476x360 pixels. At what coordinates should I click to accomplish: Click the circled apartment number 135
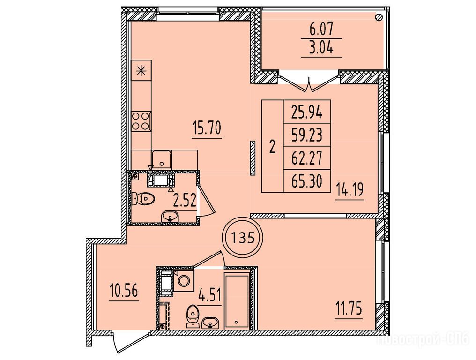click(243, 237)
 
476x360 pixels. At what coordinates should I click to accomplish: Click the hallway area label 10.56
click(124, 291)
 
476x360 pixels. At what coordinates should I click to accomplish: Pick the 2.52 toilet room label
click(184, 200)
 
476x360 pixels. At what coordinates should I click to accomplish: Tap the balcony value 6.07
click(321, 30)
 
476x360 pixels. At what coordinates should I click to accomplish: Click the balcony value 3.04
click(321, 48)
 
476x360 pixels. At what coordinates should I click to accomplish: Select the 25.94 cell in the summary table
click(307, 112)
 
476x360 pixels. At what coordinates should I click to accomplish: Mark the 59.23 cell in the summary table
click(307, 135)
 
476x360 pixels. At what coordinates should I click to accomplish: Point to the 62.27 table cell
click(307, 158)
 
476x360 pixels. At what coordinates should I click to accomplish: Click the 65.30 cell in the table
click(307, 181)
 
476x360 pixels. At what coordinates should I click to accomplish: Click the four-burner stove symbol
click(141, 121)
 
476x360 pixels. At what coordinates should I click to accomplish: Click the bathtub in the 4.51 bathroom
click(237, 301)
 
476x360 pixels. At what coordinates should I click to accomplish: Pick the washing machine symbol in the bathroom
click(183, 281)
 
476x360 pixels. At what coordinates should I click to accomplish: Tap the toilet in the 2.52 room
click(143, 199)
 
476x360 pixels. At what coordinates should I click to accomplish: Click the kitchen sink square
click(162, 159)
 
